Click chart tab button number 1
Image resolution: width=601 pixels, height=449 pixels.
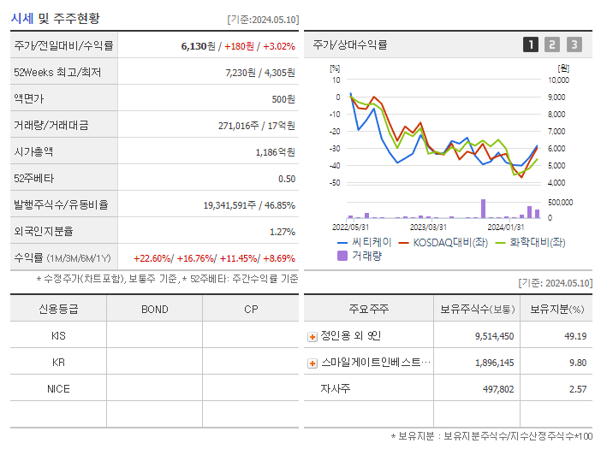pos(531,44)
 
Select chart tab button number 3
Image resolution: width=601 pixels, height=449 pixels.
pos(574,44)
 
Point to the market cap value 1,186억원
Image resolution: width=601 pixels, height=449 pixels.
pos(276,152)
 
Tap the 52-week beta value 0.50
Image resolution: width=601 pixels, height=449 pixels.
pos(287,179)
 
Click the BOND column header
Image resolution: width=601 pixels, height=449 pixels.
pos(154,310)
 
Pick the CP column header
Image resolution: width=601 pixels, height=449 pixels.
pos(251,310)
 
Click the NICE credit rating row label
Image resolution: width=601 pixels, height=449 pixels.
pos(58,389)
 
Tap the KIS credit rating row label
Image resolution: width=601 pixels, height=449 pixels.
pos(58,336)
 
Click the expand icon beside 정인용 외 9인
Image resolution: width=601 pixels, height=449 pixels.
pos(312,337)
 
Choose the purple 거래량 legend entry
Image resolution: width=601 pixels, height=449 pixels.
pos(359,255)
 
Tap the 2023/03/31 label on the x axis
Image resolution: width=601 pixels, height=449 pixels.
pos(427,227)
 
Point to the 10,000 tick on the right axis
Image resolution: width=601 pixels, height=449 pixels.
pos(558,80)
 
